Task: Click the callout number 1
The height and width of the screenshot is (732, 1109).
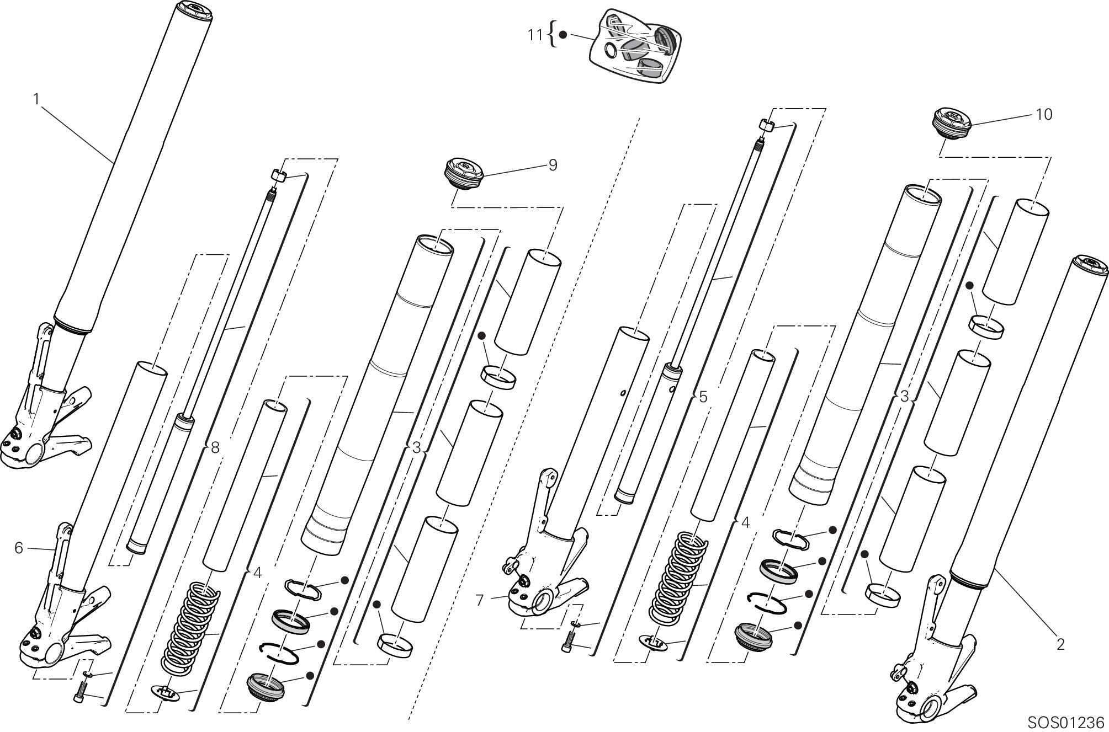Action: coord(36,99)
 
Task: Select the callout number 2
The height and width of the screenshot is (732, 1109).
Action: coord(1060,644)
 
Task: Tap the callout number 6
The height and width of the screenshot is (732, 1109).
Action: coord(19,548)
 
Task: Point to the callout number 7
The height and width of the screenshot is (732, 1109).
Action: coord(479,600)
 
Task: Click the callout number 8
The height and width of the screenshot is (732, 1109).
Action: coord(215,447)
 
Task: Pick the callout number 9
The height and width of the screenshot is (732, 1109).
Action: coord(553,165)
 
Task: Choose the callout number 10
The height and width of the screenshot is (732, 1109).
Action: coord(1044,114)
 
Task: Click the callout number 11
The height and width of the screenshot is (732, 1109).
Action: coord(535,35)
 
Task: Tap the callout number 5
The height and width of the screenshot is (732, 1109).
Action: coord(703,397)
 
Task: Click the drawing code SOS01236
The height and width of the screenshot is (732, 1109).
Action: coord(1065,722)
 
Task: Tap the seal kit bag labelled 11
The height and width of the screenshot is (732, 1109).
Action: coord(635,45)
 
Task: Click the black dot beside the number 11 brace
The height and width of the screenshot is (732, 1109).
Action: coord(563,35)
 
